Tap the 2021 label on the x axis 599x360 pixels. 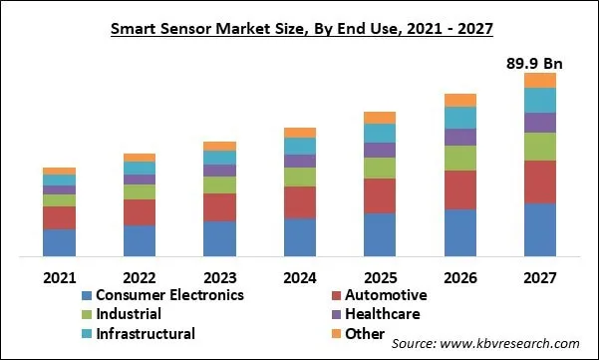[x=59, y=276]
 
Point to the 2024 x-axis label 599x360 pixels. [x=299, y=276]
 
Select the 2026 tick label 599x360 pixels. [x=459, y=276]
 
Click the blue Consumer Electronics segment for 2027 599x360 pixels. [x=540, y=230]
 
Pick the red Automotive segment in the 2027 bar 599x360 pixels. [x=540, y=181]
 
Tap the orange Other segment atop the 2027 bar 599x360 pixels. [x=540, y=80]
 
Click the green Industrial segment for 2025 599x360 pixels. [x=380, y=168]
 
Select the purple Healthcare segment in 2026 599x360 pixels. [x=459, y=137]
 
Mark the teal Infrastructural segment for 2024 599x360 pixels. [x=299, y=146]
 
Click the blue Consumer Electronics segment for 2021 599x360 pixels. [x=59, y=243]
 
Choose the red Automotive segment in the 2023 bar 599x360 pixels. [x=219, y=207]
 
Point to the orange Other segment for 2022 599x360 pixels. [x=140, y=158]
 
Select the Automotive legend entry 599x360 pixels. [x=386, y=295]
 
